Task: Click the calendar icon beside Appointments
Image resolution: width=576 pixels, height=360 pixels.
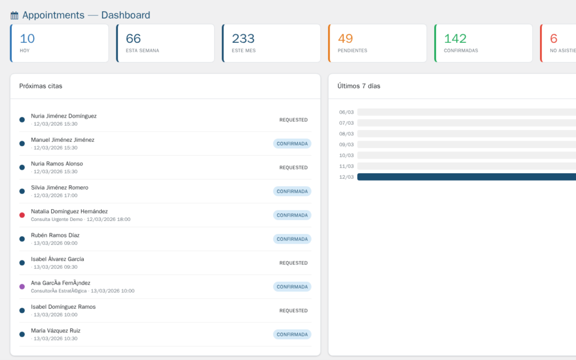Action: click(15, 16)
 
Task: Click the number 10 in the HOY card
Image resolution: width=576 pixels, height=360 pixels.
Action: click(27, 39)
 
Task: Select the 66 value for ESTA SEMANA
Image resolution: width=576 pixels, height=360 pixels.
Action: click(133, 39)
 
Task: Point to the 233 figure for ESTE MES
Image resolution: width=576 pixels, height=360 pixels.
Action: click(243, 39)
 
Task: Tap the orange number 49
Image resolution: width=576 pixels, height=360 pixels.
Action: click(345, 39)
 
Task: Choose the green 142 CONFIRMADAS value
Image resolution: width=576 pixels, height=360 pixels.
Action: click(455, 39)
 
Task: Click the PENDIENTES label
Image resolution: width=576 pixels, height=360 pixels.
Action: click(352, 51)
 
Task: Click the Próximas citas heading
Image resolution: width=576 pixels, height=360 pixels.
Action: click(40, 86)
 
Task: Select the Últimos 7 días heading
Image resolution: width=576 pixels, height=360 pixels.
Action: click(359, 86)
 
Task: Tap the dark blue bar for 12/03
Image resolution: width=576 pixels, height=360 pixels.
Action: click(466, 177)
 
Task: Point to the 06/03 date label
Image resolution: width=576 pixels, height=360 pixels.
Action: click(346, 112)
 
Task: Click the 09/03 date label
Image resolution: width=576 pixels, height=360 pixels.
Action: click(346, 145)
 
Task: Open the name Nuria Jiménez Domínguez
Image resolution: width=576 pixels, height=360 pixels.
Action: click(64, 116)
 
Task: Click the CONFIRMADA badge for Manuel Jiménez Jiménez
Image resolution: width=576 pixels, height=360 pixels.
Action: click(292, 143)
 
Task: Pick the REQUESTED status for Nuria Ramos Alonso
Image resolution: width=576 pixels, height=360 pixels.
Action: click(294, 168)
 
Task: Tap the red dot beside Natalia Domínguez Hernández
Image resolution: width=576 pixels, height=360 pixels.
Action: click(22, 215)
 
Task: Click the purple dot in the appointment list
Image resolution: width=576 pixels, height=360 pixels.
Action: click(22, 286)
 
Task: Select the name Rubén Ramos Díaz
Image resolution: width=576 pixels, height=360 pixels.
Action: click(55, 235)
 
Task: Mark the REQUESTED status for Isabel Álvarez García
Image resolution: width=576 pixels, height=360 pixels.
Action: click(294, 263)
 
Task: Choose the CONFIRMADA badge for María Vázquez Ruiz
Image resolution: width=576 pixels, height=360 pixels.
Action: click(292, 334)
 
